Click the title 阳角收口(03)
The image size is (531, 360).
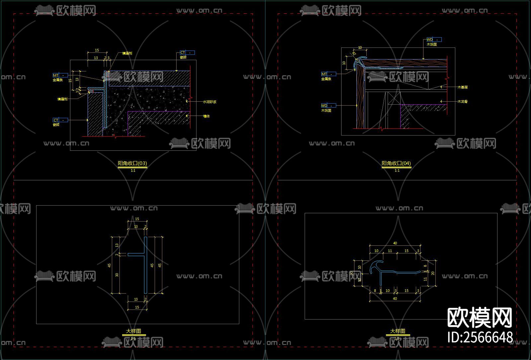coord(132,163)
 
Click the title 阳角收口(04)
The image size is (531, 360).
coord(396,163)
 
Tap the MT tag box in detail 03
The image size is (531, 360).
coord(60,75)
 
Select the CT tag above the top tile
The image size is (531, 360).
coord(187,52)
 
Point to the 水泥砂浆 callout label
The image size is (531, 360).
coord(209,102)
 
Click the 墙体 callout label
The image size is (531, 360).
coord(206,116)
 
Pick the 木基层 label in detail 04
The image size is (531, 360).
coord(463,87)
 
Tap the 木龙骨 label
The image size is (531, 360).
coord(463,102)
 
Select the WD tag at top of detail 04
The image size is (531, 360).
coord(434,40)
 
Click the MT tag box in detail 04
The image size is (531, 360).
coord(328,74)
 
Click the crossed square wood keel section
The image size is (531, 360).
coord(394,98)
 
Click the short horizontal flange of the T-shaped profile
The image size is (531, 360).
coord(136,255)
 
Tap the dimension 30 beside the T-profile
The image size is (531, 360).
coord(117,275)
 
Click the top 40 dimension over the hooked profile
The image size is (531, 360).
coord(395,243)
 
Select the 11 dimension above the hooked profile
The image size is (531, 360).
coord(390,251)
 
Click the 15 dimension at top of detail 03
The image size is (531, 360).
coord(97,50)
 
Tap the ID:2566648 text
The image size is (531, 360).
coord(480,337)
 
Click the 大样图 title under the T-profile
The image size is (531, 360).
coord(133,331)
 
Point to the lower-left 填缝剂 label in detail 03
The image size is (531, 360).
coord(62,99)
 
